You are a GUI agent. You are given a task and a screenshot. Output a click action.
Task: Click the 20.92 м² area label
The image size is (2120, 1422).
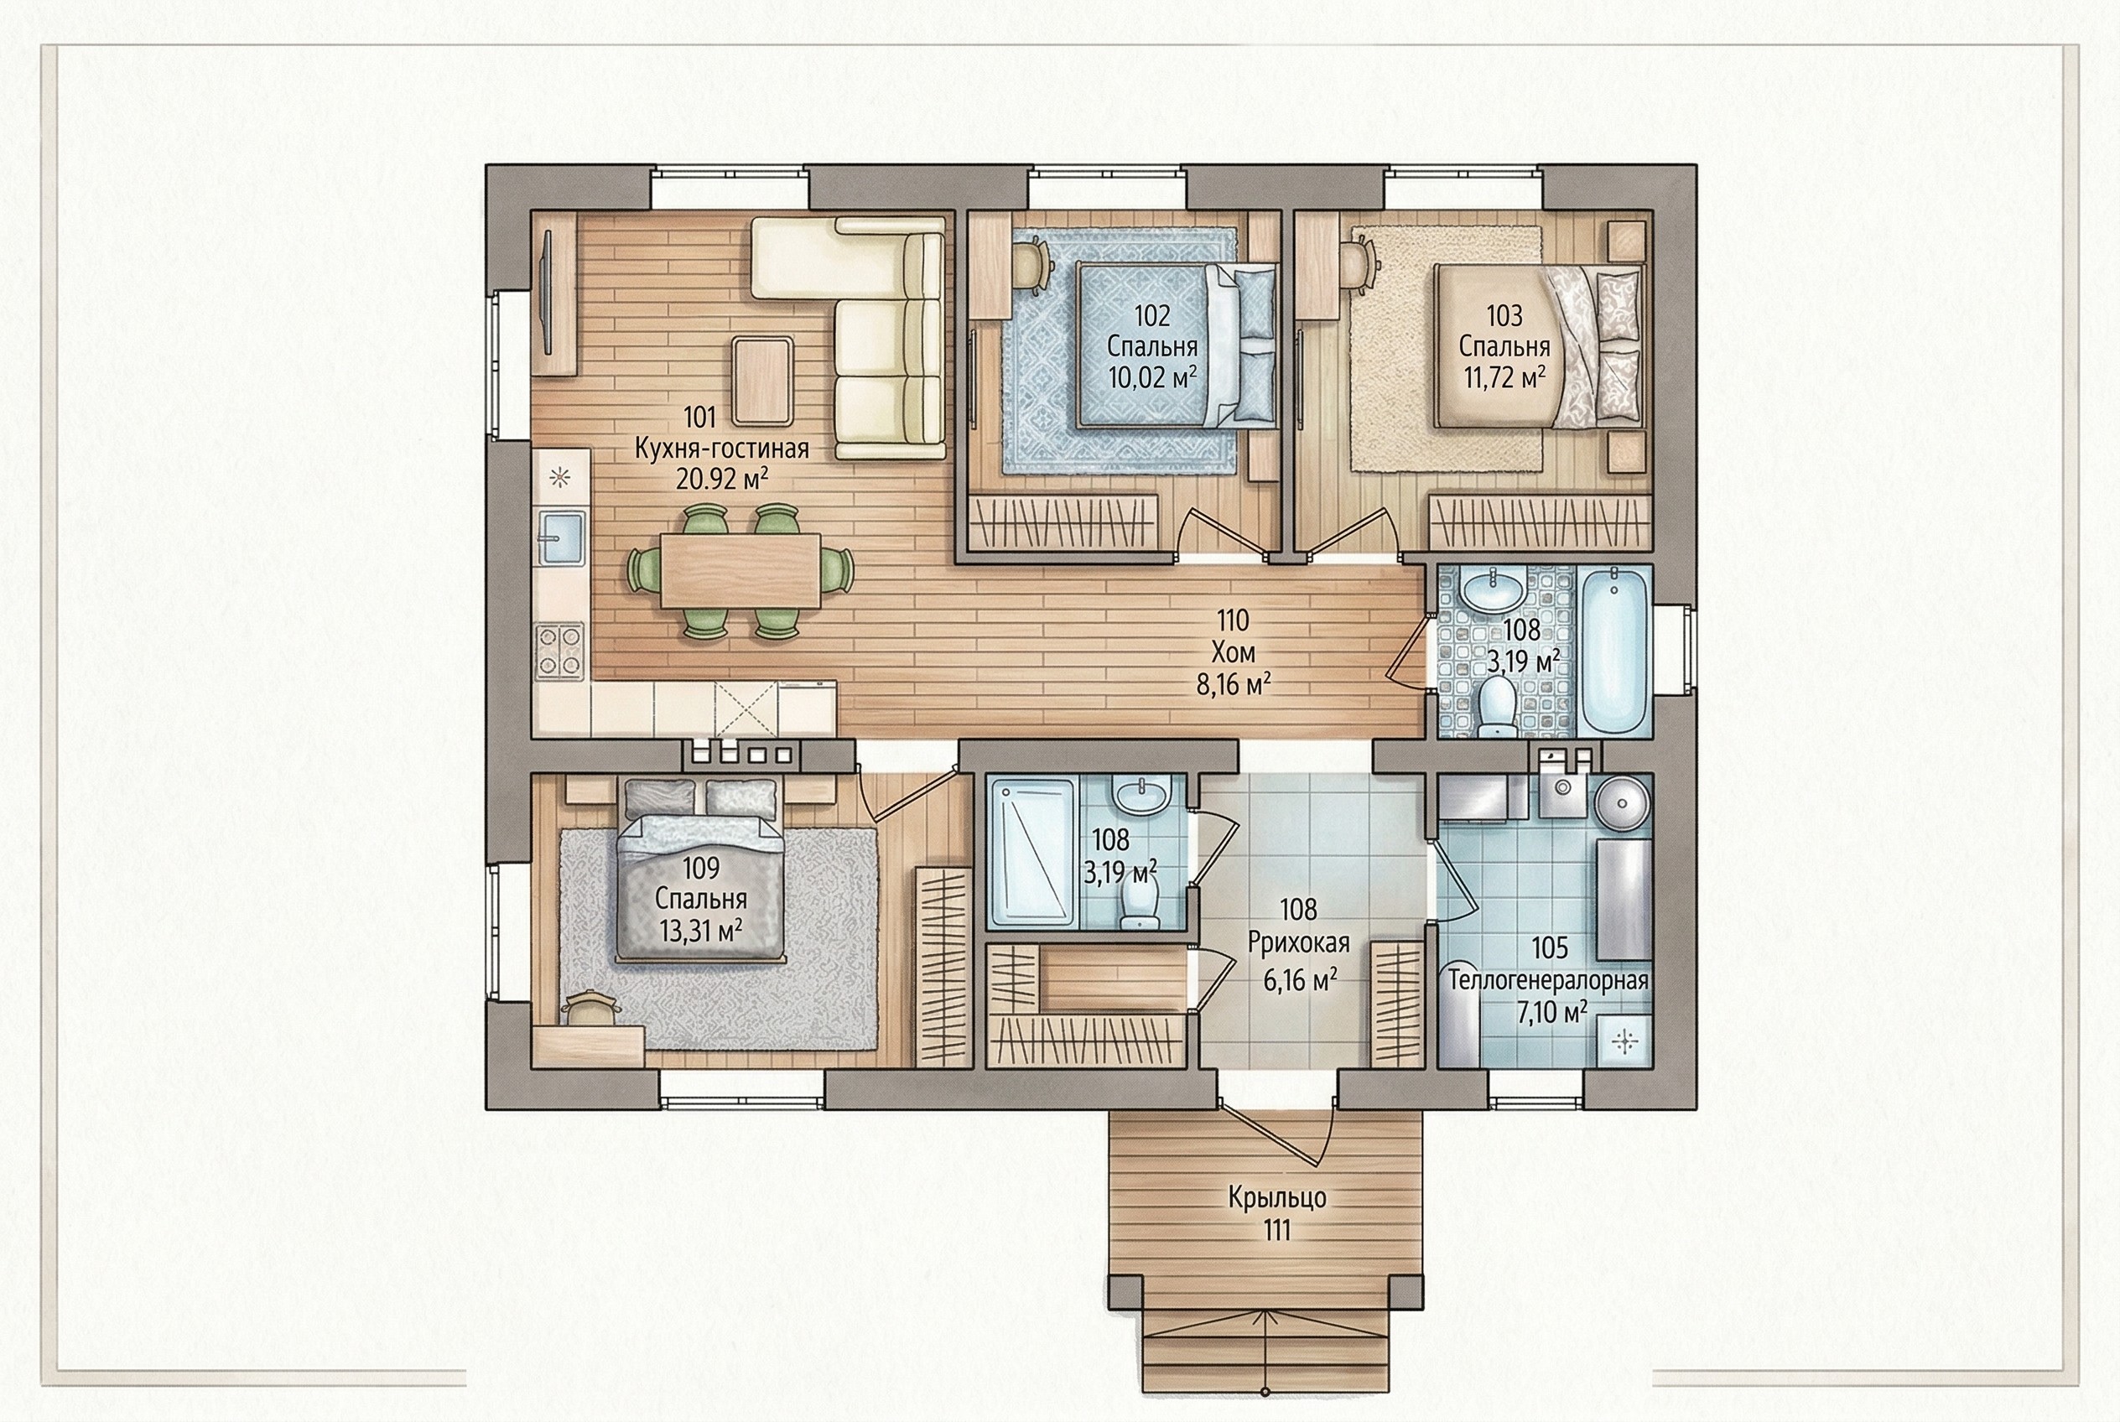(x=721, y=478)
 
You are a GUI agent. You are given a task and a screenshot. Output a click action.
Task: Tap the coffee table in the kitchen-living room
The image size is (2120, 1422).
(x=762, y=381)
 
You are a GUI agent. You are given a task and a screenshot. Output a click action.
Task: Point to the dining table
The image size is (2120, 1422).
(x=740, y=570)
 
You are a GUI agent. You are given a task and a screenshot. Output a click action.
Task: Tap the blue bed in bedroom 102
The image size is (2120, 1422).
(x=1176, y=345)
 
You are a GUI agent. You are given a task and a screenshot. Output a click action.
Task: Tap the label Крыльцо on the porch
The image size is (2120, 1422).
(x=1277, y=1198)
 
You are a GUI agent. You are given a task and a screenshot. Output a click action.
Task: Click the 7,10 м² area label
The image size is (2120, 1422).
(x=1552, y=1010)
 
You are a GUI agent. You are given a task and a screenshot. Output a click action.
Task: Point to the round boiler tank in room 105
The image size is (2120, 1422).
(x=1621, y=802)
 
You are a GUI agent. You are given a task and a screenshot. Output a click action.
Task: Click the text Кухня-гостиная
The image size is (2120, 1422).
(x=721, y=448)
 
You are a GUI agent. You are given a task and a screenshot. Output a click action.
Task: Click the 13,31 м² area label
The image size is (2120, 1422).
(x=700, y=931)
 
